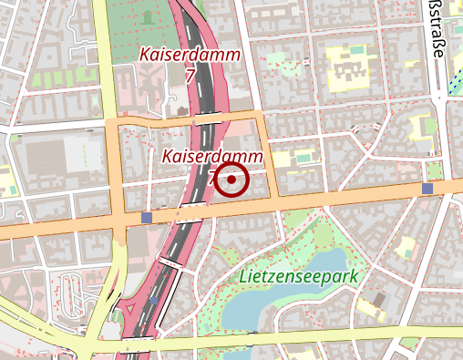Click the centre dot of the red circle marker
232,180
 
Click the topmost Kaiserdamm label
190,55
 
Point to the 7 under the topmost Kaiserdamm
190,77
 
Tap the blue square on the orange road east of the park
427,189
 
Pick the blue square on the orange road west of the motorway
148,218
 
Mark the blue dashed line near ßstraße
453,82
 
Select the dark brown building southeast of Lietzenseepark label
378,299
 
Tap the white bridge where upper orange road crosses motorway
208,118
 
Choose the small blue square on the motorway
153,298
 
